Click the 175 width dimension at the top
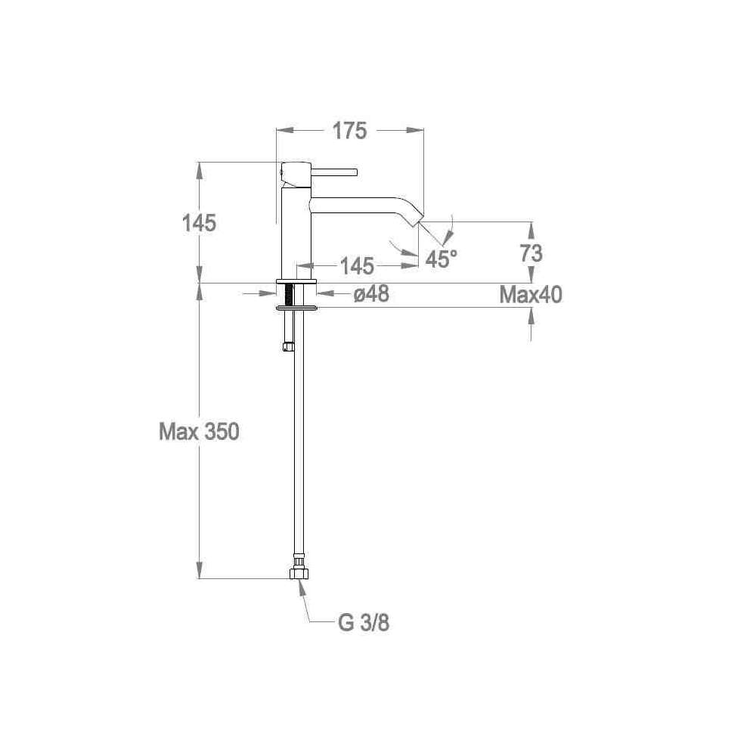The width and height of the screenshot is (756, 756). pos(349,131)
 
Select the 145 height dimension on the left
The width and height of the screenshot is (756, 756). pos(199,223)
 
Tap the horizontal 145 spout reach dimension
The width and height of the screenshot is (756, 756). pos(357,266)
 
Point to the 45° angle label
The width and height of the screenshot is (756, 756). pos(442,259)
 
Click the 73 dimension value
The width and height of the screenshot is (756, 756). pos(531,253)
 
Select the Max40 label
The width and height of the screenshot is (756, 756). pos(531,295)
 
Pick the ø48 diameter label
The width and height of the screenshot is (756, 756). pos(371,293)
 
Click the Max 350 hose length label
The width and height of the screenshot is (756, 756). pos(199,432)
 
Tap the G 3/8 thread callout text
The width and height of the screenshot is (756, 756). pos(364,622)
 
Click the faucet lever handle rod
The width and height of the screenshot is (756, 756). pos(334,172)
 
